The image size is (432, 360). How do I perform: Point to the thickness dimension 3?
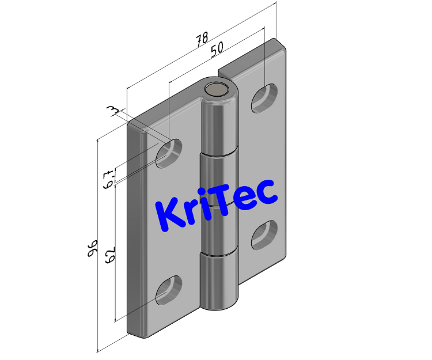point(113,109)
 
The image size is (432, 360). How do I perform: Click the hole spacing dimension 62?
point(109,254)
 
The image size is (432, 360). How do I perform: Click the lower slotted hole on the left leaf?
point(169,290)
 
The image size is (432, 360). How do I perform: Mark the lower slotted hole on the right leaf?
point(264,234)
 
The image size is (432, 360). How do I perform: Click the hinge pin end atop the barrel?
point(218,89)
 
